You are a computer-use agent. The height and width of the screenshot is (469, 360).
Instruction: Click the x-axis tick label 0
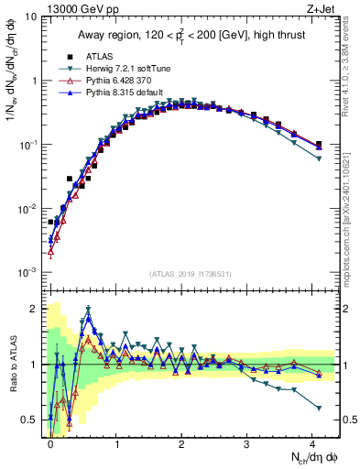tap(50, 443)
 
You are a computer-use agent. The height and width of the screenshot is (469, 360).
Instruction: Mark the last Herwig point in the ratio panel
tap(318, 408)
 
